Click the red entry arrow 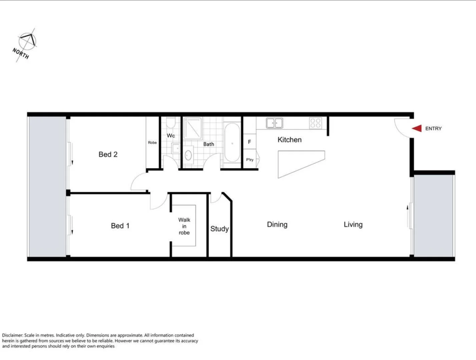point(417,128)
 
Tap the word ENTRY point(433,129)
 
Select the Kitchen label point(289,140)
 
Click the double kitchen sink point(274,123)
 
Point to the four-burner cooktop point(315,123)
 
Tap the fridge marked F point(249,142)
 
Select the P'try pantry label point(250,160)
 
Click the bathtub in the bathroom point(232,143)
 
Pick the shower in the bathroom point(192,128)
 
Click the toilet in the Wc point(171,123)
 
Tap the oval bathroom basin point(188,155)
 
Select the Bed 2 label point(108,154)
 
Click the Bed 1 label point(120,226)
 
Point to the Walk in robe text point(184,226)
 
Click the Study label point(219,229)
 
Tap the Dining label point(277,225)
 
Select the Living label point(353,225)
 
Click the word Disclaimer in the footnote point(12,335)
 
